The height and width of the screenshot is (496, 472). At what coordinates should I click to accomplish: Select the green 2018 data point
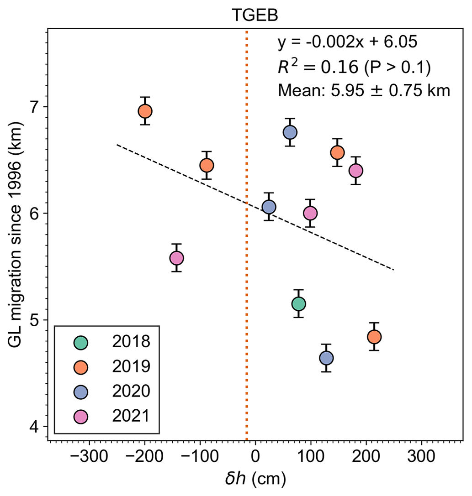coord(298,303)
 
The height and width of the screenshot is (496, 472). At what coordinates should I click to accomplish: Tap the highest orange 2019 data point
coord(145,111)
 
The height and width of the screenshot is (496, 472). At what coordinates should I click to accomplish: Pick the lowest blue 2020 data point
coord(326,358)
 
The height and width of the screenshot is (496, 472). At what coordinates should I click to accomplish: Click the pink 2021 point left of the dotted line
coord(176,258)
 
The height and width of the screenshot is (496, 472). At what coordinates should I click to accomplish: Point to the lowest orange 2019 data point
coord(374,337)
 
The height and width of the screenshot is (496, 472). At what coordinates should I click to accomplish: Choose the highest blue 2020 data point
coord(290,132)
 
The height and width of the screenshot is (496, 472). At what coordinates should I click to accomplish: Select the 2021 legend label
coord(131,416)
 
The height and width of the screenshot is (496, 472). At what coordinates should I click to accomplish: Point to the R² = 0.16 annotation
coord(354,67)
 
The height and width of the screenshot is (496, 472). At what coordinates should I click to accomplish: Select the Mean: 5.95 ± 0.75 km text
coord(364,91)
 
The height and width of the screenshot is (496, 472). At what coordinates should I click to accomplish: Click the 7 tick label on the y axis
coord(36,107)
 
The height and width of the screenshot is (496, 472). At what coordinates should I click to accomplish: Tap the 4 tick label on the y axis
coord(36,427)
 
